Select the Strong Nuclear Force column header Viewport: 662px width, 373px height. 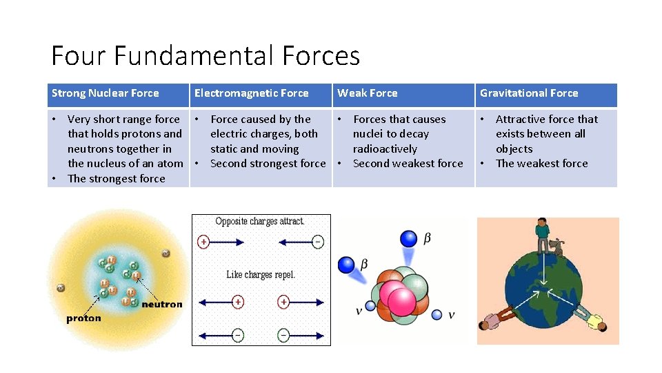[x=105, y=93]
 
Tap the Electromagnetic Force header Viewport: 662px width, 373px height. [x=251, y=93]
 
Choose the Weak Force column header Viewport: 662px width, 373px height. [x=367, y=93]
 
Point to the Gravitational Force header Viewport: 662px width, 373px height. [x=529, y=93]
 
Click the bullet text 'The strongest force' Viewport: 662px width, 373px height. [x=116, y=179]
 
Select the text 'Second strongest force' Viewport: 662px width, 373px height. [x=268, y=164]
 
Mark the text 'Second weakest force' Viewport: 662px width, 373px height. [x=408, y=164]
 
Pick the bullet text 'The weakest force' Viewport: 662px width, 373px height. [x=541, y=164]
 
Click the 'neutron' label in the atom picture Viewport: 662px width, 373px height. [x=162, y=304]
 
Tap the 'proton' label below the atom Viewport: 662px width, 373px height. [x=83, y=318]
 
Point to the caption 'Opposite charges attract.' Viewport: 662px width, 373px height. [x=260, y=222]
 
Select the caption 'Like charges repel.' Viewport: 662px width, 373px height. [x=261, y=275]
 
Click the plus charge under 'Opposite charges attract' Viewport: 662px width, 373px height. [x=203, y=242]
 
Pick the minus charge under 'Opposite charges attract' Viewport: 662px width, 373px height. [x=318, y=242]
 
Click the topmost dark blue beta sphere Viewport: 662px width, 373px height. [x=409, y=238]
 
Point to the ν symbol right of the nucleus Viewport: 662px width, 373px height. [x=452, y=315]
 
